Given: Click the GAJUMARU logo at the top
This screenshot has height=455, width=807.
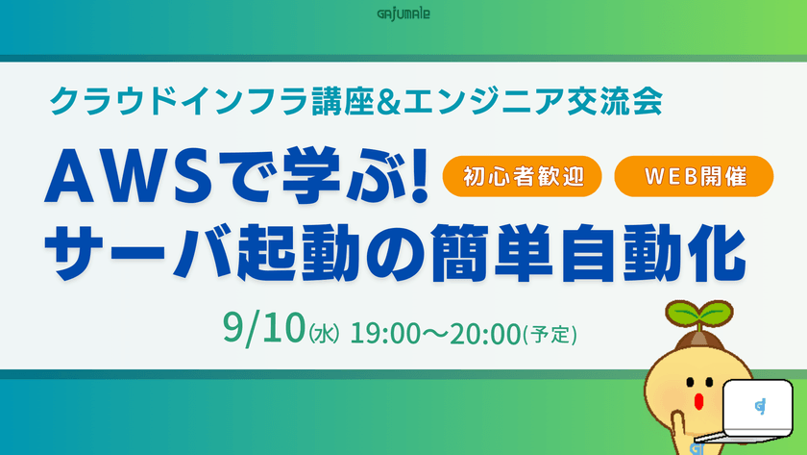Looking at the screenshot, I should (x=403, y=13).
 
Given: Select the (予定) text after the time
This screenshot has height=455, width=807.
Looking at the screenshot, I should (x=550, y=335).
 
